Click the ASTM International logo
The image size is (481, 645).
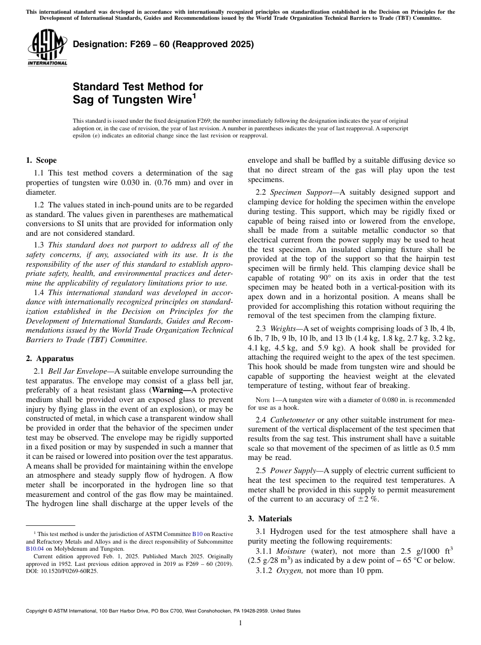(47, 48)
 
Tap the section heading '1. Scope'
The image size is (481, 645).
(41, 160)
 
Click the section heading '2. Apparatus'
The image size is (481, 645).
(49, 358)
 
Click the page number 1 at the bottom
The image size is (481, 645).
(240, 623)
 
